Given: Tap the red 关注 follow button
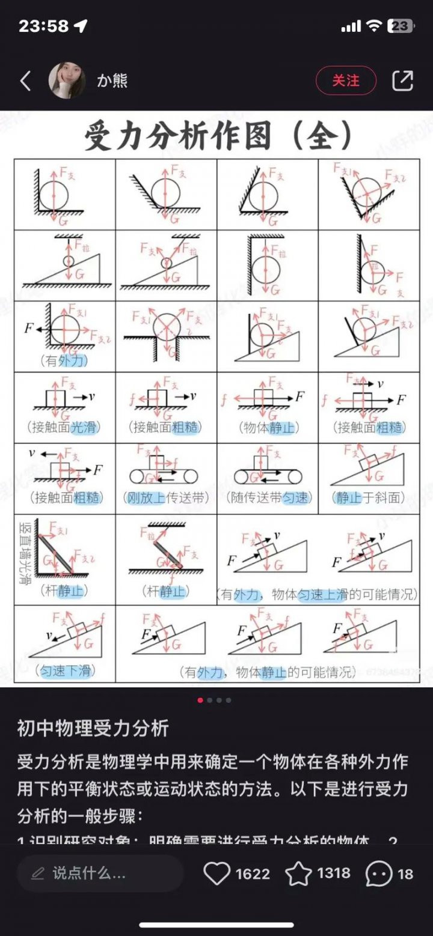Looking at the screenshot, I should [x=346, y=81].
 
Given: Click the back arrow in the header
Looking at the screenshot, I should [x=25, y=81].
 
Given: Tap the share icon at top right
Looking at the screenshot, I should [x=402, y=81].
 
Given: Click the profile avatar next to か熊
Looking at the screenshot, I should [x=67, y=81].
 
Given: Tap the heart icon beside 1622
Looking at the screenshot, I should [x=216, y=874].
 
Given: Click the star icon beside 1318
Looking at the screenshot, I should [x=298, y=874].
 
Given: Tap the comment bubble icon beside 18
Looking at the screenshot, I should [x=379, y=874].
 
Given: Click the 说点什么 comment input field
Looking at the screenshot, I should [x=100, y=874].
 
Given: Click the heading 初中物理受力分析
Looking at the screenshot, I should [x=93, y=728].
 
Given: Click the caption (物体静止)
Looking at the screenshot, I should [x=268, y=428].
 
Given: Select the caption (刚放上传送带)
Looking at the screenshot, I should [x=166, y=498].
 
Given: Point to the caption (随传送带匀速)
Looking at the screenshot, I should [x=268, y=498].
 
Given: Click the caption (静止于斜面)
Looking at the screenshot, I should [x=368, y=498].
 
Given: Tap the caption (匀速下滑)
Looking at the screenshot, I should [x=64, y=671].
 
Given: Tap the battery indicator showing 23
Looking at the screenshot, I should [x=400, y=26].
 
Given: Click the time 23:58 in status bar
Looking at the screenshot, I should [x=43, y=26].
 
